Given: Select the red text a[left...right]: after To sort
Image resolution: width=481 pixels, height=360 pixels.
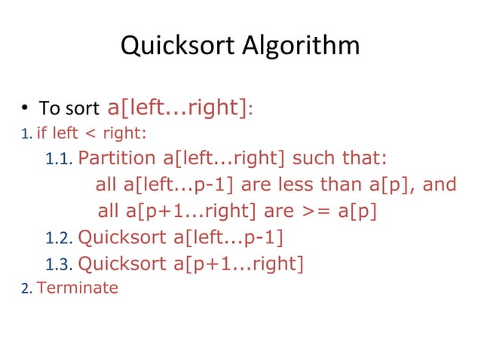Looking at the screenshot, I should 180,107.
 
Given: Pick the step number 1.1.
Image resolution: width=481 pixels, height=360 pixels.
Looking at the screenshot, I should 58,160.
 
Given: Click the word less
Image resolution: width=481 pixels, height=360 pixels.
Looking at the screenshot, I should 300,185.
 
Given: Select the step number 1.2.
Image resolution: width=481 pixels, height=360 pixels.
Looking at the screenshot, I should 58,239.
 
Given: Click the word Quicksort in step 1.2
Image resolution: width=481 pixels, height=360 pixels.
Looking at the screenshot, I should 122,238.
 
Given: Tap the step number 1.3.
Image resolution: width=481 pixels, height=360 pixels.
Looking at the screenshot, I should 58,264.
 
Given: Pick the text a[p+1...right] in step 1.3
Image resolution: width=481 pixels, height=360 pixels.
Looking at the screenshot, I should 239,264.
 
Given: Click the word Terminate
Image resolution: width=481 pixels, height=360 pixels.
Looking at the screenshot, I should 78,287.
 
